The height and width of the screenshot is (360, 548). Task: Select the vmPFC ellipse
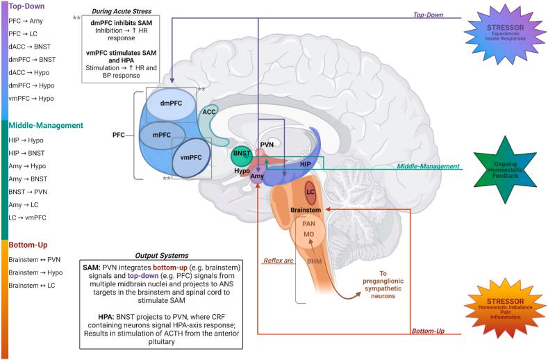point(192,158)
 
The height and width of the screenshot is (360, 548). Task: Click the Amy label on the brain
point(257,177)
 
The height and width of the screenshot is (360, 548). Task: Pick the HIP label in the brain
point(305,164)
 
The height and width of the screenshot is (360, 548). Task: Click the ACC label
point(208,111)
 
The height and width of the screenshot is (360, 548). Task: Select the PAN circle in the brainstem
point(310,224)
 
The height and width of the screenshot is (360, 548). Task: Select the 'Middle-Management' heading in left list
point(45,125)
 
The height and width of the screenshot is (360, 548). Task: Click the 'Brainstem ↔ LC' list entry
point(32,286)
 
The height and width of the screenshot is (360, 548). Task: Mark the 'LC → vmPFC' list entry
point(28,218)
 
